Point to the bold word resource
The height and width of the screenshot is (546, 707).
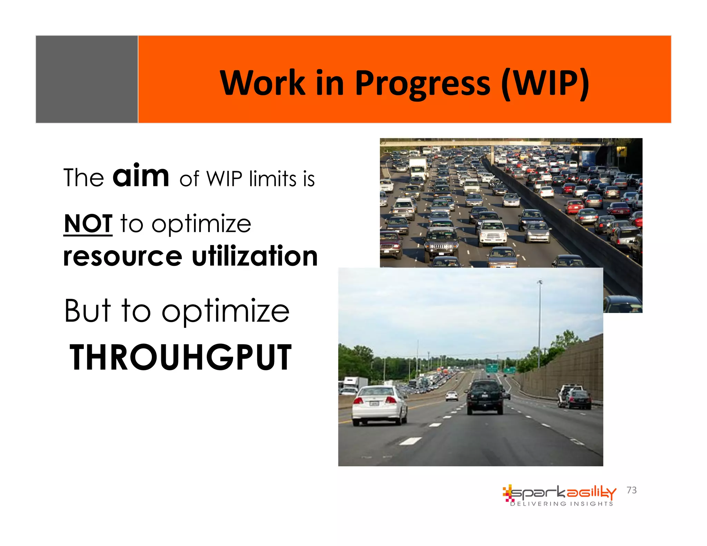[123, 256]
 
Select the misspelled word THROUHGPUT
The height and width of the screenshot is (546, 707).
[181, 358]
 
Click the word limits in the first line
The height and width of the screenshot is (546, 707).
[273, 179]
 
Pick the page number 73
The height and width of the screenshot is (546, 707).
[631, 490]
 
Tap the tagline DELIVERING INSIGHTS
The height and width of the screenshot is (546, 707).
[562, 504]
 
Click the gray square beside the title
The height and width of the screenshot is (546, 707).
[87, 79]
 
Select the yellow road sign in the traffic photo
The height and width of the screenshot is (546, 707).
[621, 150]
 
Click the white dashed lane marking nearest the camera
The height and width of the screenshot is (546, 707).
[410, 441]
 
